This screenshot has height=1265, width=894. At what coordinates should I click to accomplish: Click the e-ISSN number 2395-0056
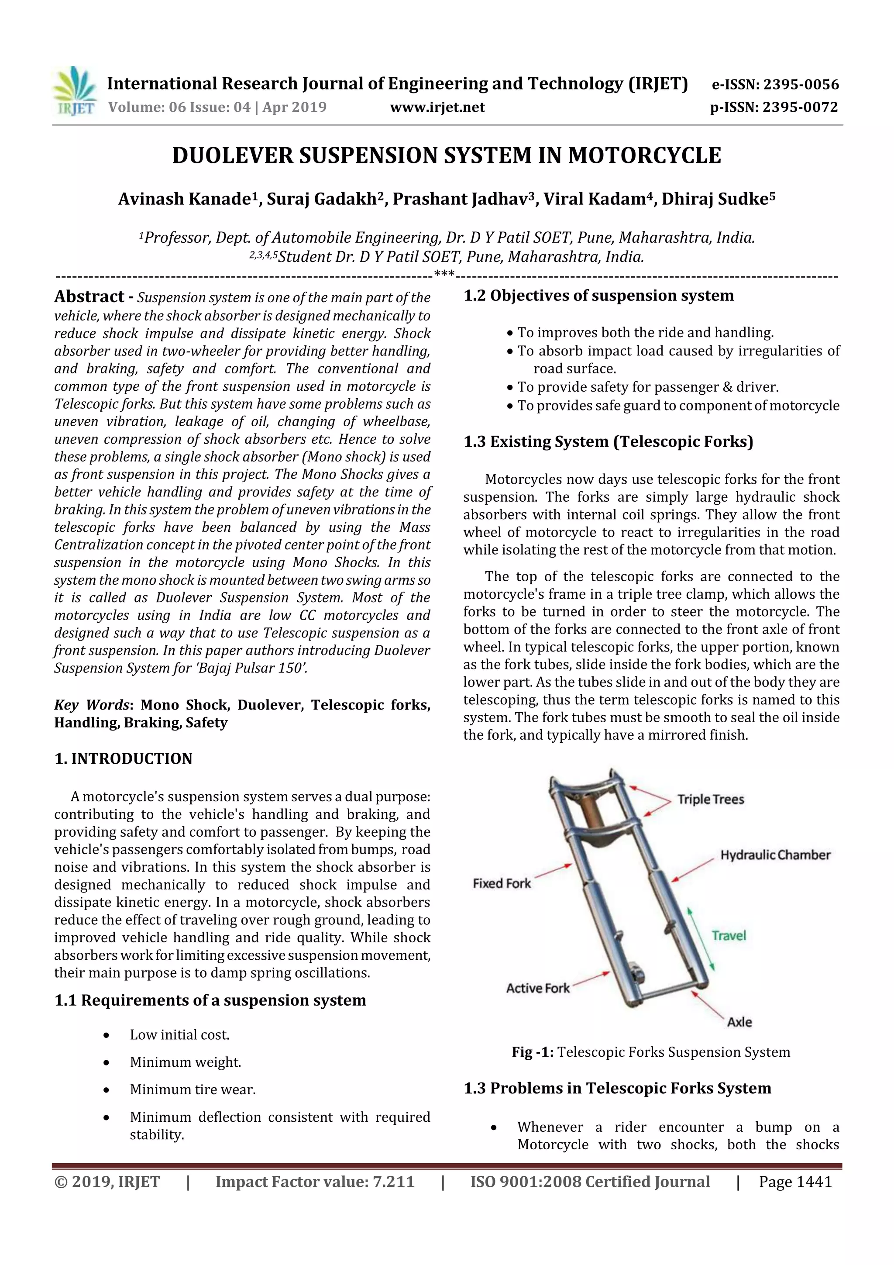[801, 84]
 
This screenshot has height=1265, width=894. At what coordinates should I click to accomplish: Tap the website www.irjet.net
[437, 107]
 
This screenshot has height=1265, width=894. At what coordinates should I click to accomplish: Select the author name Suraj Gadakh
[329, 199]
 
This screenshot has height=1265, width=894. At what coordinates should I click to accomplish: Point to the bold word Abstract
[89, 296]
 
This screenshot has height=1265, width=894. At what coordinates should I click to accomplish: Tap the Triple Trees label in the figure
[710, 800]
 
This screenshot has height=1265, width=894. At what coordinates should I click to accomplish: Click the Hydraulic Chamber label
[775, 855]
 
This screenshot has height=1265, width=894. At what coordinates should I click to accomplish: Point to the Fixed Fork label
[501, 884]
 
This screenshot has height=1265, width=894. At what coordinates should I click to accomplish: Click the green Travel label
[728, 935]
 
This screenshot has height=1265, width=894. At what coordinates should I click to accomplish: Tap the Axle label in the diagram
[739, 1022]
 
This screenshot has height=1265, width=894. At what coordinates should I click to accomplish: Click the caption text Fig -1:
[532, 1052]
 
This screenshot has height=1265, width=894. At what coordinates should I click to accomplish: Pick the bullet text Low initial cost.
[179, 1035]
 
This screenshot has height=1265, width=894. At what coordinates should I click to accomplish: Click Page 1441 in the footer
[795, 1182]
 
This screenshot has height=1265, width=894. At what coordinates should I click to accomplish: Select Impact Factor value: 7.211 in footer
[315, 1182]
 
